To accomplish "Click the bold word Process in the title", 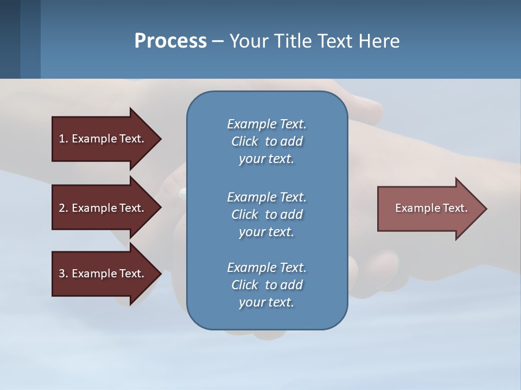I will click(x=170, y=41).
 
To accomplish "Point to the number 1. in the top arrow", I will click(x=63, y=139).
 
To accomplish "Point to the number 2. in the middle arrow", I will click(x=63, y=208).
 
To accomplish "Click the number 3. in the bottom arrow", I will click(x=63, y=274).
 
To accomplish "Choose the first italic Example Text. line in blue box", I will click(x=266, y=124).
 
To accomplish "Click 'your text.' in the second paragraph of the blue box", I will click(x=266, y=232).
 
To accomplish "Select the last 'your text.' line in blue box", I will click(x=266, y=302).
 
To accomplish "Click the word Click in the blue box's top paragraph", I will click(x=245, y=141).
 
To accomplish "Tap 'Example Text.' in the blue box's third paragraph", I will click(x=266, y=268).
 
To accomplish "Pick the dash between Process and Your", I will click(x=218, y=41).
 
